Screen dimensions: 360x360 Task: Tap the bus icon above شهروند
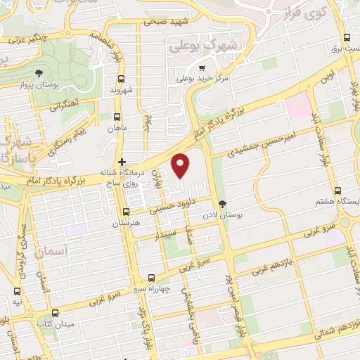pos(121,79)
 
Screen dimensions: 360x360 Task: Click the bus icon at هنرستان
pos(126,212)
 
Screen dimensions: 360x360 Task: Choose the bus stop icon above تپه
pos(16,290)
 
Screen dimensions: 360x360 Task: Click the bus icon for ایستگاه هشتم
pos(338,191)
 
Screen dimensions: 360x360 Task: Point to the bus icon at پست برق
pos(345,39)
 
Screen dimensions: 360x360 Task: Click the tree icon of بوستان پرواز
pos(39,72)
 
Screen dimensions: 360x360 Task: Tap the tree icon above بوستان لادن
pos(223,203)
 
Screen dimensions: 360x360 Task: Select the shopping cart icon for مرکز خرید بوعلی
pos(202,68)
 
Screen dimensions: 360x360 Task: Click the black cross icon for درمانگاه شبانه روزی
pos(122,161)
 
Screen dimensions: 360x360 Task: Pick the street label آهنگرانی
pos(65,107)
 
